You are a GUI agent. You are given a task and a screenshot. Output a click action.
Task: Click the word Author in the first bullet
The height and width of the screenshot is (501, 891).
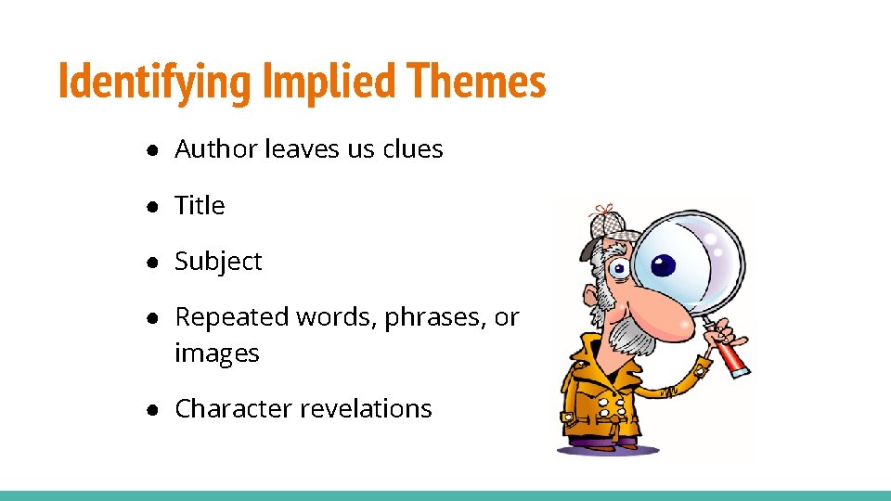point(216,148)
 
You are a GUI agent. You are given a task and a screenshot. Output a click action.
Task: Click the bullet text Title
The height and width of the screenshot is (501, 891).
point(200,205)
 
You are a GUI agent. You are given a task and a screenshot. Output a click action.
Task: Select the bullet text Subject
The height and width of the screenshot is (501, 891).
point(218,262)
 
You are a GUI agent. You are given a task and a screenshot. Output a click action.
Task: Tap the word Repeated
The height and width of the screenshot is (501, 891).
point(232,317)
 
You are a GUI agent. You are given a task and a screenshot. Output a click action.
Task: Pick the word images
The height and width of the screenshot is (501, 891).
point(216,353)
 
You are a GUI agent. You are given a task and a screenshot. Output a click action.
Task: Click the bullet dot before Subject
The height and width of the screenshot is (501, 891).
point(149,262)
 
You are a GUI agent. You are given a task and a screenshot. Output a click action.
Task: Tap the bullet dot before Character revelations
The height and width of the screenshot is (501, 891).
point(149,409)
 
